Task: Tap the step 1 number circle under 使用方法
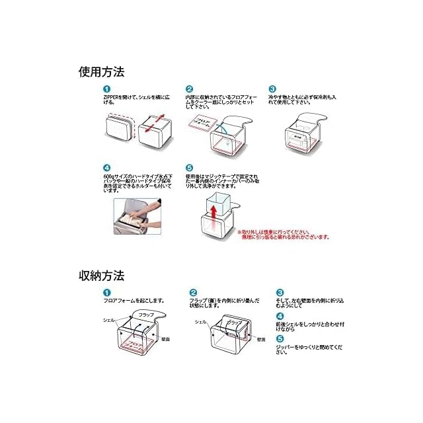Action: click(106, 89)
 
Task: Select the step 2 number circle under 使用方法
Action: click(190, 89)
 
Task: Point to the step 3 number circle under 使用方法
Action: click(272, 89)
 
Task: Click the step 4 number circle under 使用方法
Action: click(106, 168)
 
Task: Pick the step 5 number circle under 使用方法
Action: click(190, 168)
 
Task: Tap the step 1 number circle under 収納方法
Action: click(106, 292)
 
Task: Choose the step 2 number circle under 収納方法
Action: click(194, 292)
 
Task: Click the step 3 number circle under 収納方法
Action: click(280, 292)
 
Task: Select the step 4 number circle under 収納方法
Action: click(280, 316)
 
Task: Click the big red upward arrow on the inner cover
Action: click(213, 211)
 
